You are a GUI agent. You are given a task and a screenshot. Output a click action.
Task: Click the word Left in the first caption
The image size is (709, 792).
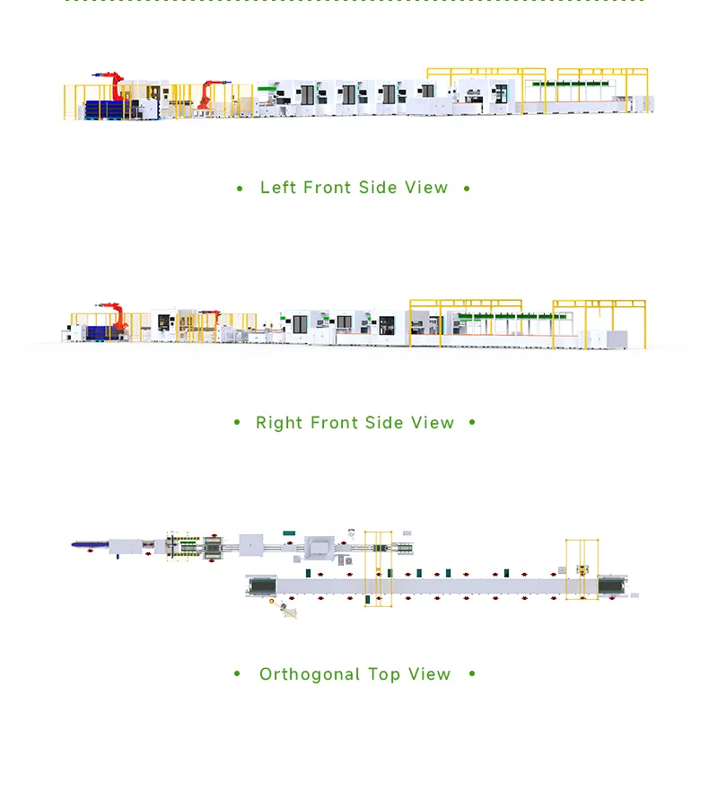coord(278,188)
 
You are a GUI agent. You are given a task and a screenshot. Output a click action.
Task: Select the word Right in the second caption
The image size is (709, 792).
coord(279,423)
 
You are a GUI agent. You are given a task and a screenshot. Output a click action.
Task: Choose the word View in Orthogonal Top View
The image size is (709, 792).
coord(429,674)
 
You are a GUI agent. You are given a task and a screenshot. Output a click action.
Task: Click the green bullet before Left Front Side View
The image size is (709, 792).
coord(240,189)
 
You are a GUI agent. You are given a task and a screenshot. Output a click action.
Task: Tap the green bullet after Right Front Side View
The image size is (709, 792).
coord(473,423)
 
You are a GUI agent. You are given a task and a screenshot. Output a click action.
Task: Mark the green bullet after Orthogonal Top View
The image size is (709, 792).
coord(472,674)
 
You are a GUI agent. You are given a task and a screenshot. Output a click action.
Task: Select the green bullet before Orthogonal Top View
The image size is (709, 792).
coord(238,674)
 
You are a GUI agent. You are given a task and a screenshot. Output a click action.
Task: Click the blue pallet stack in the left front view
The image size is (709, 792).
coord(108,109)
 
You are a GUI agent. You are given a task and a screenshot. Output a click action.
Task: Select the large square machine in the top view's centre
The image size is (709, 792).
coord(319,548)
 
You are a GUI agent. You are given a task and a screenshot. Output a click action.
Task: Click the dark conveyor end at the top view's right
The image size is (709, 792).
coord(613,585)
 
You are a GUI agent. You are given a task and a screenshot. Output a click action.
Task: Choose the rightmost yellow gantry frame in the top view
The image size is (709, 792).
coord(582,568)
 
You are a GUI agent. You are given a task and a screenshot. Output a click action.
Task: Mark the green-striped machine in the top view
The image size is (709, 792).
coord(188,547)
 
